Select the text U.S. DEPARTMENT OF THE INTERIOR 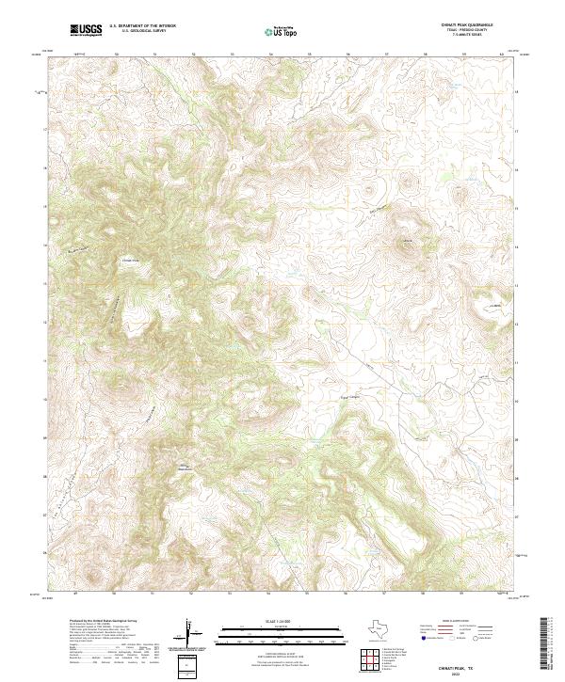[x=141, y=27]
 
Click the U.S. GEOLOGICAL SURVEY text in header [x=141, y=32]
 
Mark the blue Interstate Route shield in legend [x=424, y=638]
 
